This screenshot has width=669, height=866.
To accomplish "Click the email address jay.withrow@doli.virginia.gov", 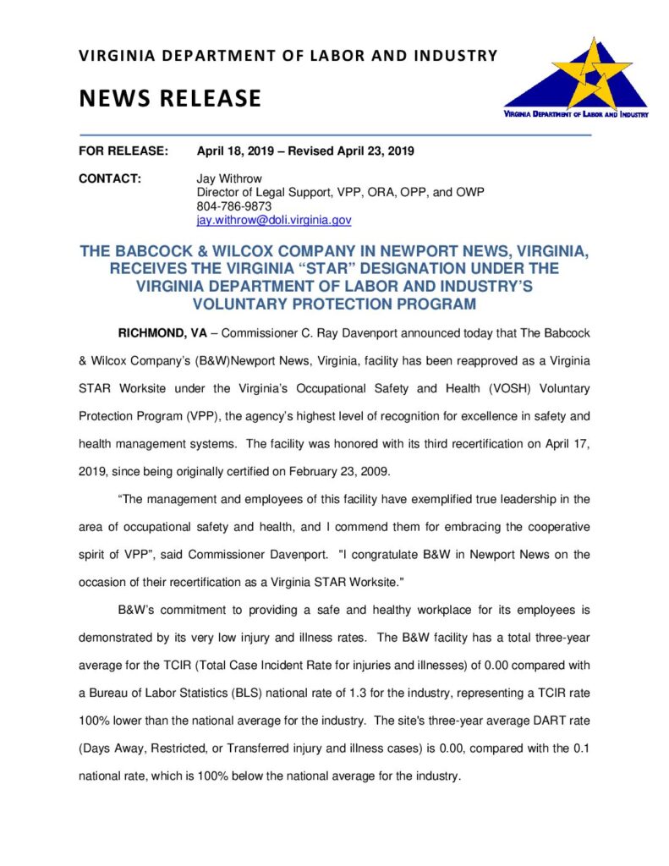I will [x=273, y=220].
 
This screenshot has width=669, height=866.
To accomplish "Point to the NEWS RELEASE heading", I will [x=170, y=98].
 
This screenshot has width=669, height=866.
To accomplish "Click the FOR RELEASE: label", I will [x=123, y=151].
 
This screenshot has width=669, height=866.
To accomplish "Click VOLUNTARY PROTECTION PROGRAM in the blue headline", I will [x=334, y=304].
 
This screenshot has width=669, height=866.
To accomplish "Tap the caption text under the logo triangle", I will [x=575, y=112].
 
